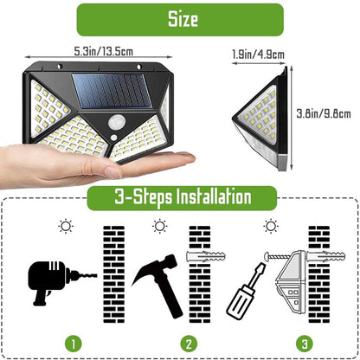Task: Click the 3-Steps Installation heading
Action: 181,197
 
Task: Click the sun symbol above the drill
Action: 64,227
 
